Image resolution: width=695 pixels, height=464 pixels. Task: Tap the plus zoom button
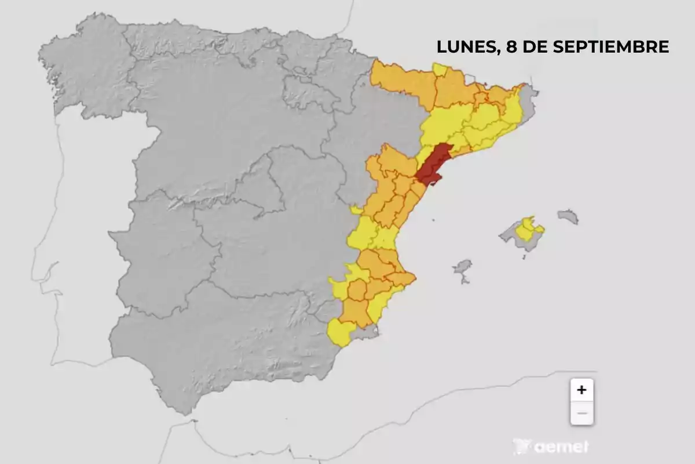[x=581, y=390]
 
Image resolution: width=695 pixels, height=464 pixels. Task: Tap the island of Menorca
[x=568, y=216]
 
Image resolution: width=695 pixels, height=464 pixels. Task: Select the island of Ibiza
[x=462, y=267]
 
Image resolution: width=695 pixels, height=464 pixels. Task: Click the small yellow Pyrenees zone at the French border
[x=440, y=70]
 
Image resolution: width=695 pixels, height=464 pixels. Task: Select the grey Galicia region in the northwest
[x=87, y=70]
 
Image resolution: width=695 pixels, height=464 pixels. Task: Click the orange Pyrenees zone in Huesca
[x=400, y=81]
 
